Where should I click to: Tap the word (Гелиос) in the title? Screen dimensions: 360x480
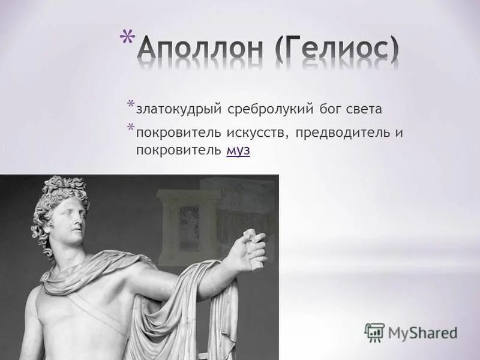point(338,52)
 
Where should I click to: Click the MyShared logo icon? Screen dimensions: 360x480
point(374,332)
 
